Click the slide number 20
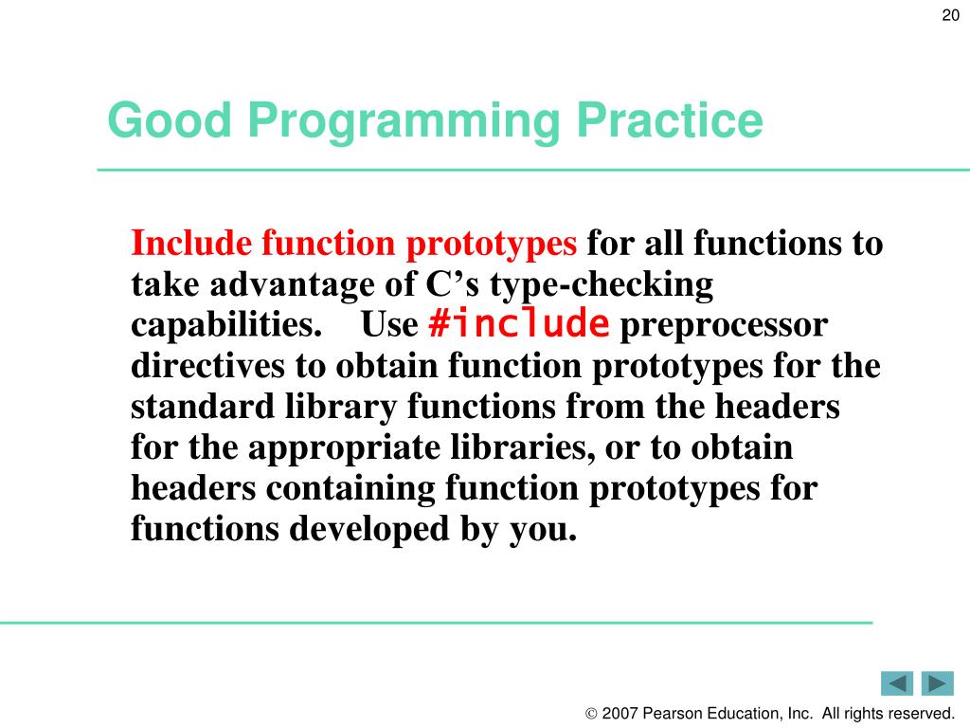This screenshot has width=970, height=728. [x=950, y=15]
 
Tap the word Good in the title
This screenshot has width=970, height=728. [x=170, y=119]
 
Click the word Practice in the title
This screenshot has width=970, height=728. [x=670, y=119]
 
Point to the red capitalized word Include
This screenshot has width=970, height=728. [x=191, y=243]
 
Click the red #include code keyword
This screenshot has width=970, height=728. [x=519, y=323]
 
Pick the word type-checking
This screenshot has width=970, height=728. [x=602, y=285]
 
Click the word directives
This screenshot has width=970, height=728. [x=207, y=365]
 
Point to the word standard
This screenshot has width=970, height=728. [x=203, y=406]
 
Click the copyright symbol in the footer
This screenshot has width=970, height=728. [x=591, y=714]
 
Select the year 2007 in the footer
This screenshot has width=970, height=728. [x=620, y=714]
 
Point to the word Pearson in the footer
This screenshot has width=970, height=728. [x=672, y=714]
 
